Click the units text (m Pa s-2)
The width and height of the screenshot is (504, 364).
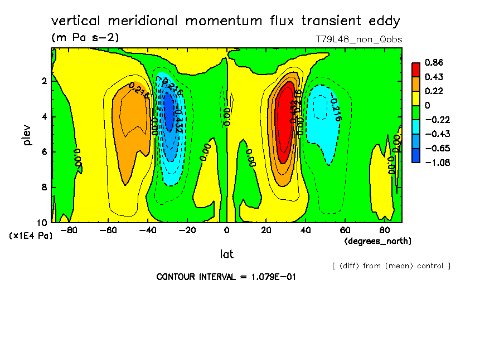[84, 38]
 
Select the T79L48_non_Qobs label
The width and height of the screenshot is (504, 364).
[358, 40]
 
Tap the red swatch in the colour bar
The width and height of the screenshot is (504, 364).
[416, 69]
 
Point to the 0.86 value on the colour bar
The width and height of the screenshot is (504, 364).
[434, 62]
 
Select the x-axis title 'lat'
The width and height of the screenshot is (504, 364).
[227, 254]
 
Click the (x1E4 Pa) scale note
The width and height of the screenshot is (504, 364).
[31, 236]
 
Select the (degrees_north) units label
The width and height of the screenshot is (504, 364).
[378, 240]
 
